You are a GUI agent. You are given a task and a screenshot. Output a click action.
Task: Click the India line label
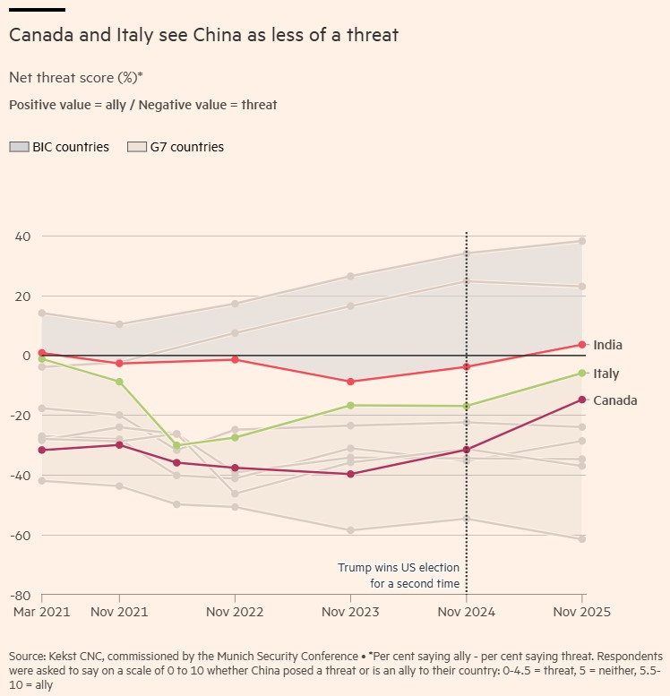tap(607, 345)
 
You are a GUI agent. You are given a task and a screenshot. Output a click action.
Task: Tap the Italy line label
tap(606, 374)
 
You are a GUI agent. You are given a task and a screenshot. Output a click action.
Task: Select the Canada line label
tap(614, 400)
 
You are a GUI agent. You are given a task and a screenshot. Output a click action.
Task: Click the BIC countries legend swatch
tap(19, 147)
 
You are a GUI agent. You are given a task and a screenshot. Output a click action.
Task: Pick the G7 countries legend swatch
tap(137, 147)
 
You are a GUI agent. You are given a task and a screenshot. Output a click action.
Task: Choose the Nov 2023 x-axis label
tap(349, 613)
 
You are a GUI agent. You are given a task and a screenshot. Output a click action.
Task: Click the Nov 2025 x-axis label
tap(581, 613)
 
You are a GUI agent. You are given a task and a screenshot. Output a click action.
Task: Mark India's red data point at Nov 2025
tap(582, 345)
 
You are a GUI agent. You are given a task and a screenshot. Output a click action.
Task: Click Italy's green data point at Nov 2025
tap(582, 373)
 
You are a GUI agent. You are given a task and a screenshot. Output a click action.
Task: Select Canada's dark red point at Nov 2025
tap(582, 400)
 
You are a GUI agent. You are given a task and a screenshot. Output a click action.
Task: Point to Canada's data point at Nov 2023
tap(350, 474)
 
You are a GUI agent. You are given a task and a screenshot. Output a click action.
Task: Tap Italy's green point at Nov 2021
tap(119, 382)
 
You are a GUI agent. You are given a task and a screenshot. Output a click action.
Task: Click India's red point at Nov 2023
tap(350, 382)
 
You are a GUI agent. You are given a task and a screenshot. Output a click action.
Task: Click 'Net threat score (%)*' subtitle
tap(75, 77)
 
